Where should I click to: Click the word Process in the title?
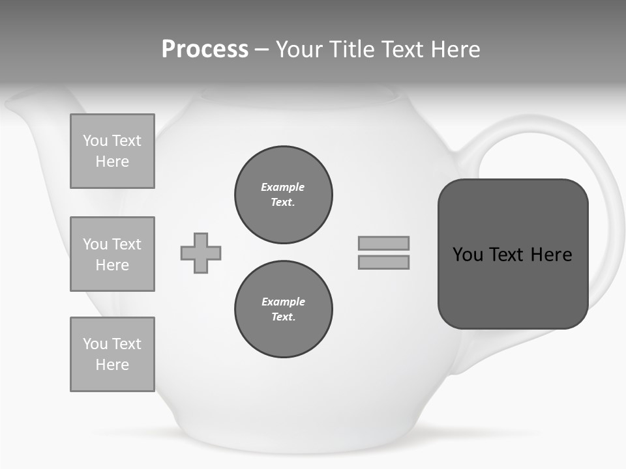click(205, 50)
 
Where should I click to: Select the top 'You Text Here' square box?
click(112, 151)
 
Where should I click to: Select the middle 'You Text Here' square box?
click(112, 254)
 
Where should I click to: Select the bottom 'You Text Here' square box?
click(112, 354)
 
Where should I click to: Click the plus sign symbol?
click(201, 253)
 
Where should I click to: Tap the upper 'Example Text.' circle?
click(284, 195)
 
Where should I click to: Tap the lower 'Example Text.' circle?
click(284, 309)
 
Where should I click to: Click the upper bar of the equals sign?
click(383, 243)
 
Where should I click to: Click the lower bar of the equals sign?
click(383, 263)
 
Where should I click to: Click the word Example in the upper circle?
click(282, 187)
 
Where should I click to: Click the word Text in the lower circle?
click(282, 317)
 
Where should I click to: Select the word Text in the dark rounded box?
click(507, 255)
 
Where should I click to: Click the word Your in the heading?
click(300, 50)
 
